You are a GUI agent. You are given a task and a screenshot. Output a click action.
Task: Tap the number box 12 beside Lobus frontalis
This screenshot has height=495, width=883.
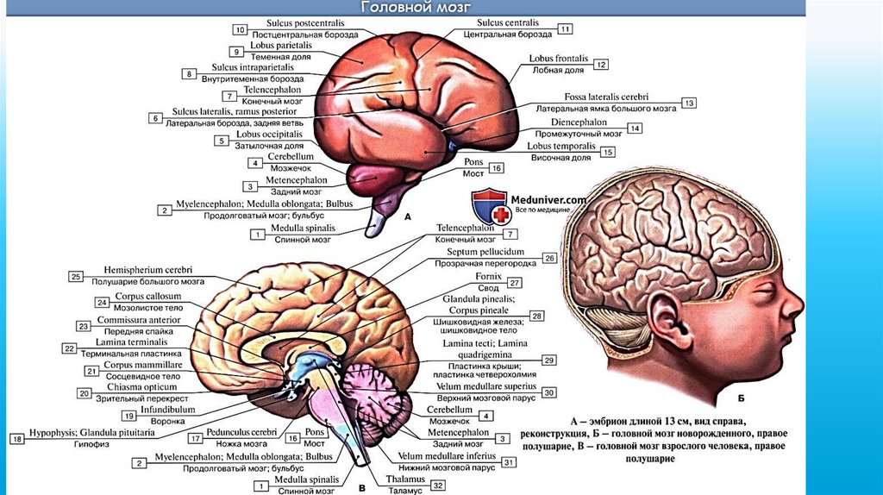(x=601, y=65)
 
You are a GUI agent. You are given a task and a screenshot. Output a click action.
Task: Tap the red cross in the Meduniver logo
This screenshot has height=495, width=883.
(x=496, y=211)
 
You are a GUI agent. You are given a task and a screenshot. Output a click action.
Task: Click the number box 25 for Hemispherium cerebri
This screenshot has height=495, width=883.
(x=76, y=276)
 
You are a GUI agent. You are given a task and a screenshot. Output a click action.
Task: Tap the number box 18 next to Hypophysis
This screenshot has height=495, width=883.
(x=16, y=439)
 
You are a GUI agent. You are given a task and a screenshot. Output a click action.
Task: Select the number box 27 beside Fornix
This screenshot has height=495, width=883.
(x=514, y=282)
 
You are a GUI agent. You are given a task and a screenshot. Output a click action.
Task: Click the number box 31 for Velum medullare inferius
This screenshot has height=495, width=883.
(x=509, y=462)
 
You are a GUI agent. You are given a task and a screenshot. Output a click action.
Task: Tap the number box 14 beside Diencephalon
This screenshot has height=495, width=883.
(x=635, y=128)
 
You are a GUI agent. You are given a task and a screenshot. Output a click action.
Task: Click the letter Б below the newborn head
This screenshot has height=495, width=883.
(x=742, y=399)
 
